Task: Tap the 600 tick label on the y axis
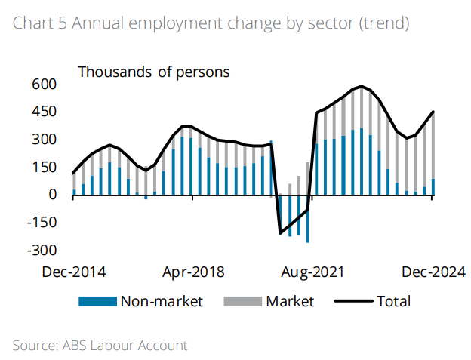pos(45,85)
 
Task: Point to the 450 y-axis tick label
pos(45,112)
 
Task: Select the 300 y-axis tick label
pos(45,140)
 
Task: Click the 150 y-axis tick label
pos(45,167)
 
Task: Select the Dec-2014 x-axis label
pos(73,272)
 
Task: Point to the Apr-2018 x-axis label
pos(193,272)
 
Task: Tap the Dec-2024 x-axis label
pos(433,272)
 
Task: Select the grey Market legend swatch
pos(242,302)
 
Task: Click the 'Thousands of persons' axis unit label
pos(154,72)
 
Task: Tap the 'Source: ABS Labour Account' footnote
pos(100,346)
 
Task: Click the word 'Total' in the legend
pos(394,302)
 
